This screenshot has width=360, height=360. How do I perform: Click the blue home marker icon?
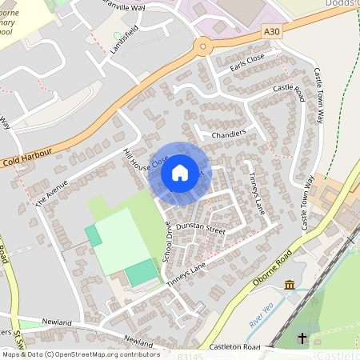coord(180,173)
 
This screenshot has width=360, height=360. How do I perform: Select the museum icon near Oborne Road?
coord(289,286)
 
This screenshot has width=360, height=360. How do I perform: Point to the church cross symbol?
coord(302,339)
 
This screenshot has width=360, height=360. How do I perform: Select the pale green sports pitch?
coord(122,240)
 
